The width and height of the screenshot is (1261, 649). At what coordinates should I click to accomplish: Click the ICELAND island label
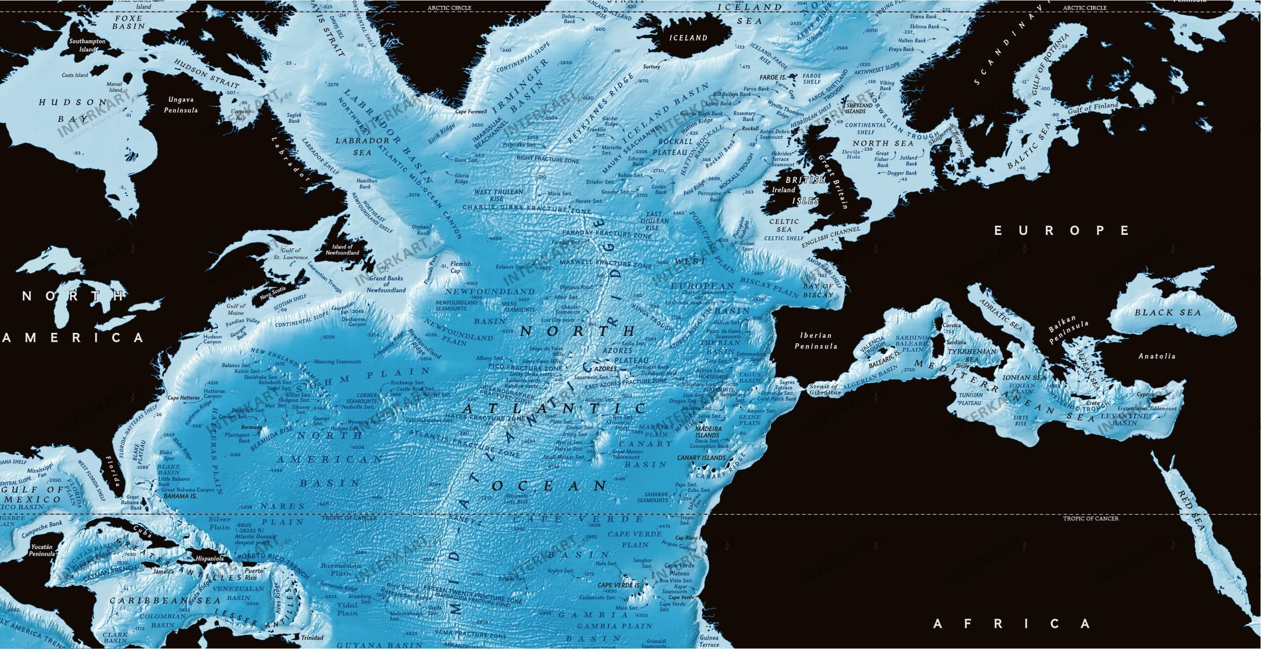[688, 38]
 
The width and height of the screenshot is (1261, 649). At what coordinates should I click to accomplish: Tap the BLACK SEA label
[1167, 313]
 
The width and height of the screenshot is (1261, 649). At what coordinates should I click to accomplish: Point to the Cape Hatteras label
[183, 398]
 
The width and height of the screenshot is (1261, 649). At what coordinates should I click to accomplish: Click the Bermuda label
[251, 427]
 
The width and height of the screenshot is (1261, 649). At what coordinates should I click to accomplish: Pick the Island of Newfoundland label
[342, 250]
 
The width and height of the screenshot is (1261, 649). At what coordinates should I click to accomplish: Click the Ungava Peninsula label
[181, 105]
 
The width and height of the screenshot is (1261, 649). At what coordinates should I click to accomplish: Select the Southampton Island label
[87, 45]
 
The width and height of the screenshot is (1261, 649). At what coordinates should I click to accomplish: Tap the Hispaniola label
[210, 558]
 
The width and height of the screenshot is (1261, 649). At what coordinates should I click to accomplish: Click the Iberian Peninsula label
[816, 341]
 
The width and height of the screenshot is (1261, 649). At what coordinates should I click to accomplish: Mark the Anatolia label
[1156, 356]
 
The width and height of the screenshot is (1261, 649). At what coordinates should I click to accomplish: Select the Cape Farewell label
[471, 112]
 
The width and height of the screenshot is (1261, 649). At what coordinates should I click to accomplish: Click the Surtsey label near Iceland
[651, 67]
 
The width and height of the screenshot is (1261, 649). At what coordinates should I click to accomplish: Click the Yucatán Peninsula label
[42, 550]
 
